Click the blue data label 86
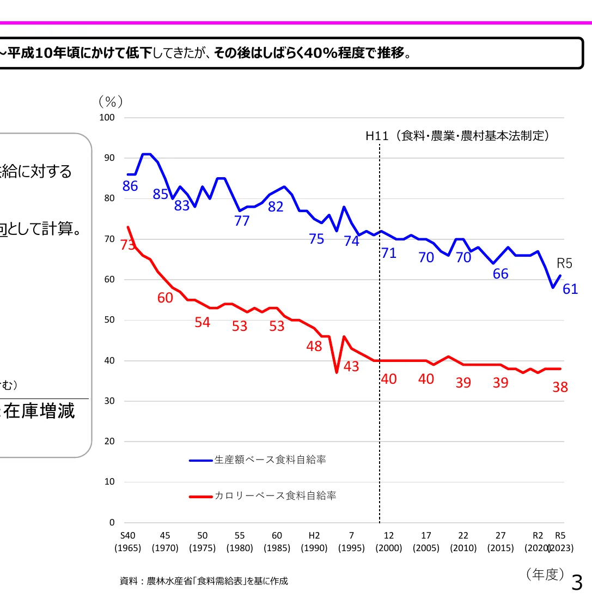(x=130, y=186)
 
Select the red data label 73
(x=127, y=245)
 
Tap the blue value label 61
(x=570, y=289)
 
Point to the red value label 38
(x=560, y=387)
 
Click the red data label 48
(x=314, y=346)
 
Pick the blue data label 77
(x=241, y=221)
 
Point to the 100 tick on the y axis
(x=108, y=117)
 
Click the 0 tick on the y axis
(x=112, y=522)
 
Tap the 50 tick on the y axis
(x=111, y=320)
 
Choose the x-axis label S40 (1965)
(x=128, y=542)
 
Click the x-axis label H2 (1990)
(x=314, y=542)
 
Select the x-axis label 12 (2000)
(x=388, y=542)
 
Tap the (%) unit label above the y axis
(x=111, y=101)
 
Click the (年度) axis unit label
(x=545, y=574)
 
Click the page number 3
(x=577, y=583)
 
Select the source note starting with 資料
(x=204, y=581)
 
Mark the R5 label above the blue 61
(x=564, y=263)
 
